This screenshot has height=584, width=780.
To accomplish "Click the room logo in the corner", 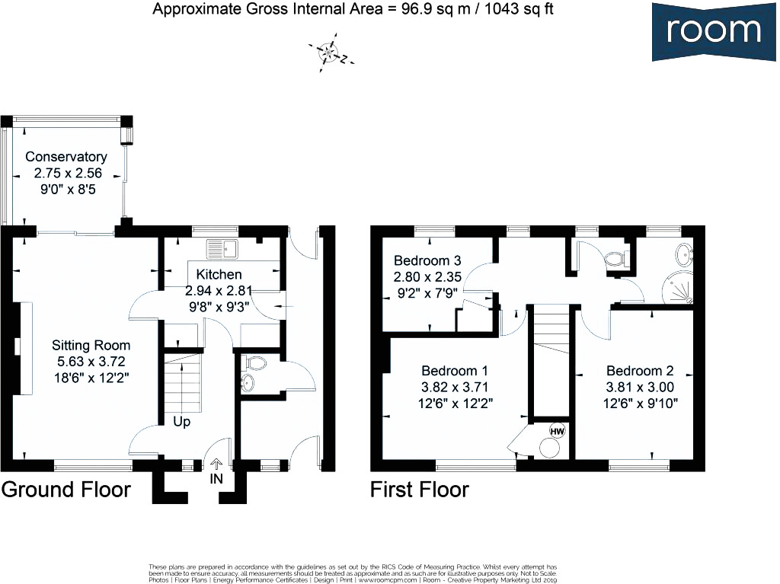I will (714, 30).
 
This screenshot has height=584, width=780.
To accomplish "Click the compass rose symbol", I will (330, 53).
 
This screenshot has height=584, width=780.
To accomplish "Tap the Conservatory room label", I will (66, 157).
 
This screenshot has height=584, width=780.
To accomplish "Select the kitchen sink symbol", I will (222, 247).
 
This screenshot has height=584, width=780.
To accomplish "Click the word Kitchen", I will (219, 274).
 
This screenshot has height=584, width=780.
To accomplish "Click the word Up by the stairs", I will (182, 421).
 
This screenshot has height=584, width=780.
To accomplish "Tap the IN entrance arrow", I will (216, 464).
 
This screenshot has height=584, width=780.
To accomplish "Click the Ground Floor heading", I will (66, 489).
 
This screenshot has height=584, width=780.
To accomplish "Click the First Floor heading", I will (420, 489).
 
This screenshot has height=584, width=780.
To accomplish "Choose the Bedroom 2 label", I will (640, 371).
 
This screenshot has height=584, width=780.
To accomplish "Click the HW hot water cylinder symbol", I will (557, 431).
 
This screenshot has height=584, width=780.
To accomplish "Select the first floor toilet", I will (615, 260).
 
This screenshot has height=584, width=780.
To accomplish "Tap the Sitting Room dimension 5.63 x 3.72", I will (91, 362).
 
